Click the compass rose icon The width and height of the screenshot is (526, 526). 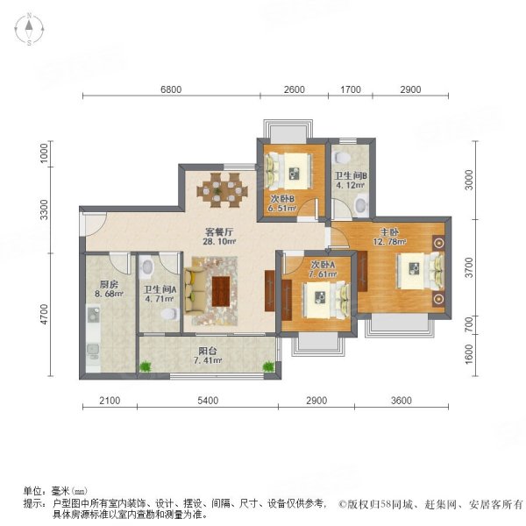(29, 29)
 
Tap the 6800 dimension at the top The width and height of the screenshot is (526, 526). (171, 89)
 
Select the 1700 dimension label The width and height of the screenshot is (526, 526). (351, 89)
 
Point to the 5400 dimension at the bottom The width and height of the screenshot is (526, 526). (208, 401)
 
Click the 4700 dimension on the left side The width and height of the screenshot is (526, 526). (44, 315)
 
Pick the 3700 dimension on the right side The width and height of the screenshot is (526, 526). (469, 267)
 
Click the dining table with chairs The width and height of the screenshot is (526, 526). (222, 190)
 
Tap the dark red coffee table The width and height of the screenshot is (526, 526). (221, 291)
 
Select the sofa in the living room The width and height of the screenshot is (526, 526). (195, 291)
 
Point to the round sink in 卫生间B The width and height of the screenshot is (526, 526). (361, 203)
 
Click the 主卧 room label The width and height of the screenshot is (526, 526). (389, 231)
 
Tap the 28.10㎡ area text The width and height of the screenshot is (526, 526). (219, 241)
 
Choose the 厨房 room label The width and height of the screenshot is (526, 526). (109, 284)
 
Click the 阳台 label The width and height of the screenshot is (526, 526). (208, 352)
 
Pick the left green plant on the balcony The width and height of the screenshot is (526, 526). (146, 366)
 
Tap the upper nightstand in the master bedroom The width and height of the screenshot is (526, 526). (439, 243)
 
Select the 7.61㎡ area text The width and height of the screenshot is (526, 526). (323, 274)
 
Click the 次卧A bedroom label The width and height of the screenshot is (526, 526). (323, 265)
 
